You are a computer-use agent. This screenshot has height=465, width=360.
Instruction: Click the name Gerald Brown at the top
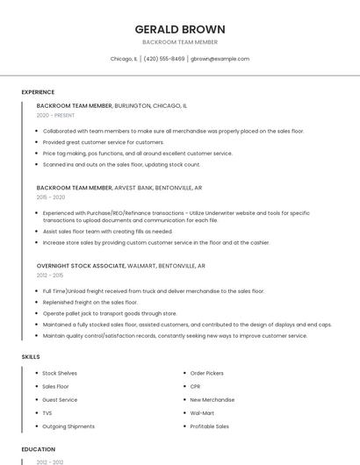180,29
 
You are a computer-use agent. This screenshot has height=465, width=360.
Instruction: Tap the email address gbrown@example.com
220,59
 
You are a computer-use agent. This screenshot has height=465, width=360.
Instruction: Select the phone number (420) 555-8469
164,59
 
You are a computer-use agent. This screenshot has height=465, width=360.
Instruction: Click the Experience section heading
38,92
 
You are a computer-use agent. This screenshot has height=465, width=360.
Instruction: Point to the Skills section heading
31,357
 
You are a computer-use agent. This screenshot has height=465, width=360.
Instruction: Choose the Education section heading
38,449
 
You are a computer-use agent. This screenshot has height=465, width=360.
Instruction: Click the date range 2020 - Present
55,115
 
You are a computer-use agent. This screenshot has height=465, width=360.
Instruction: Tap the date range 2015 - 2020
51,197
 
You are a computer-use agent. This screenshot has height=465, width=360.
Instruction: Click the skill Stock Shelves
60,373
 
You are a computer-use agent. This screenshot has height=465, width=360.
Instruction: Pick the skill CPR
196,386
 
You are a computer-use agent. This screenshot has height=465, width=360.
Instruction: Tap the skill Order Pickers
207,373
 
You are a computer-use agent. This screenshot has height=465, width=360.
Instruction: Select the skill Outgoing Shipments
68,426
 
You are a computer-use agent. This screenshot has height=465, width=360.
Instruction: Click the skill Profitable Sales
210,426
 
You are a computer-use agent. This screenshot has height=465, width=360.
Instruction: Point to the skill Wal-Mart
202,412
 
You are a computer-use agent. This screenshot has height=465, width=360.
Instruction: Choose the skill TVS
47,412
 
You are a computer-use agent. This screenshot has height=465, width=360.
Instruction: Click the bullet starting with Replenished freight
90,302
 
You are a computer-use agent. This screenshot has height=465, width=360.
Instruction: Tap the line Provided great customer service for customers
104,142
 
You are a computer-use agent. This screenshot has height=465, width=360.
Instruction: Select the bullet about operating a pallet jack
110,313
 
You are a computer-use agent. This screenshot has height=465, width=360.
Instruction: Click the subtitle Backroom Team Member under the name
180,42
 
